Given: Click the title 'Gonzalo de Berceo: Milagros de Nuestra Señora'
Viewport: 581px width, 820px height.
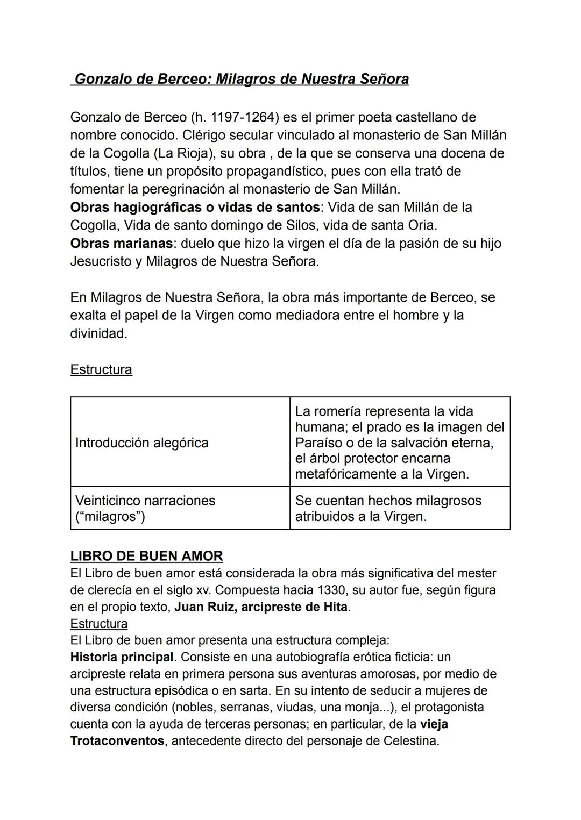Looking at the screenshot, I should click(241, 79).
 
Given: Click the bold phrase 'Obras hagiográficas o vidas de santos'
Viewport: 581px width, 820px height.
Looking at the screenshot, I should click(195, 207).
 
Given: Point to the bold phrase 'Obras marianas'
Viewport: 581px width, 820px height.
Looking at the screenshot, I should click(122, 243).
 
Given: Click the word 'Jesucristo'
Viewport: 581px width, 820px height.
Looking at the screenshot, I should click(101, 261).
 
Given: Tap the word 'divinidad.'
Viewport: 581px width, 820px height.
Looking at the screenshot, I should click(99, 333).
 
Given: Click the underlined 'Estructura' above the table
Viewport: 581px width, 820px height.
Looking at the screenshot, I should click(101, 370).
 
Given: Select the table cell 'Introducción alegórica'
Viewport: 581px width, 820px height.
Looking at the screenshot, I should click(142, 443).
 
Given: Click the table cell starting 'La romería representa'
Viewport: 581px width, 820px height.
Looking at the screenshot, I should click(399, 443).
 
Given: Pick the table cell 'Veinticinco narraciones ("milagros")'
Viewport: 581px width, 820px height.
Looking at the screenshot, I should click(145, 508).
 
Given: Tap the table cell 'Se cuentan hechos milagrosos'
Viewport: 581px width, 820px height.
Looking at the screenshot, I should click(388, 508).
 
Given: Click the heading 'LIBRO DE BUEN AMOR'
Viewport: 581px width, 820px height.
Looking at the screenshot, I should click(146, 556).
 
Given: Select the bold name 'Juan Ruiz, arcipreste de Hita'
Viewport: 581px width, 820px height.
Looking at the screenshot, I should click(261, 607).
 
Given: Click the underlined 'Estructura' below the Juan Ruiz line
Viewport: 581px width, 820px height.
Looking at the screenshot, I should click(99, 624).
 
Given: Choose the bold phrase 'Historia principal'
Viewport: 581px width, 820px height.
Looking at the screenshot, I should click(122, 657).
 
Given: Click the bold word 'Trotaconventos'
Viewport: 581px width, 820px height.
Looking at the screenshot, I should click(117, 741).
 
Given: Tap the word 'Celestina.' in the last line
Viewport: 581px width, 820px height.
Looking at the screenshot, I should click(411, 741).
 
